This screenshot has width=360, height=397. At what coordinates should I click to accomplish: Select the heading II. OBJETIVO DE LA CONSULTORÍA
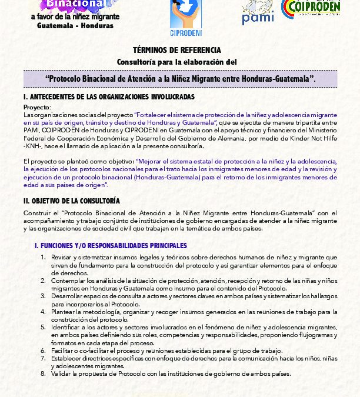click(x=72, y=201)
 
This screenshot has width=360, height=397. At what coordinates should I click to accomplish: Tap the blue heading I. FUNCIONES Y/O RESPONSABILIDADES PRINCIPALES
click(x=111, y=245)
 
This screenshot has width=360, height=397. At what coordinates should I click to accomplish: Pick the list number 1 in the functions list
click(x=43, y=257)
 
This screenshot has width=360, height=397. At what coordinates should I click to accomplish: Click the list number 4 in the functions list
click(x=43, y=311)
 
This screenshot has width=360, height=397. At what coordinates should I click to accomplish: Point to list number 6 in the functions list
click(x=43, y=349)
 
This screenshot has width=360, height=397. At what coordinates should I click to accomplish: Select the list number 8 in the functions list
click(x=43, y=373)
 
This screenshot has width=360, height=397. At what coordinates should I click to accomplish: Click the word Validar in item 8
click(x=61, y=373)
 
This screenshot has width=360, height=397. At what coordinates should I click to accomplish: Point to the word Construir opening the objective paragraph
click(x=36, y=212)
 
